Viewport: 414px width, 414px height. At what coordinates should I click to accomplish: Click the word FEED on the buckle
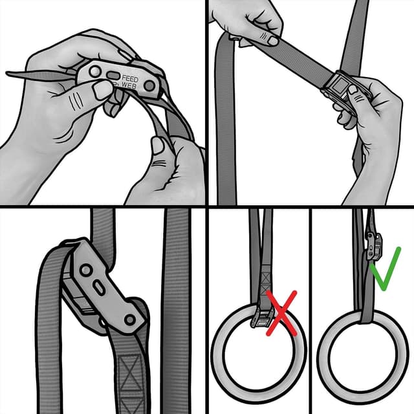tap(130, 79)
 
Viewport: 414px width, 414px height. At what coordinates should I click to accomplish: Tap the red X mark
tap(282, 313)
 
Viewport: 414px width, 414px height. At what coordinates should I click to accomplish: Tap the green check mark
tap(386, 269)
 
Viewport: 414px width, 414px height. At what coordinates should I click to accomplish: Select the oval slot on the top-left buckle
tap(113, 76)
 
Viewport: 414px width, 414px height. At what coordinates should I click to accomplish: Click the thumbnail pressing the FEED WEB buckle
tap(102, 90)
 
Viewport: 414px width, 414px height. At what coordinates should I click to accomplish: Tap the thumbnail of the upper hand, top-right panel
tap(273, 41)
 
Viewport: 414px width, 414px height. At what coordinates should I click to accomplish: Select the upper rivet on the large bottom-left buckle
tap(86, 270)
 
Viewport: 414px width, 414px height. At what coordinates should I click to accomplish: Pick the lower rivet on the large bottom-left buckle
tap(129, 320)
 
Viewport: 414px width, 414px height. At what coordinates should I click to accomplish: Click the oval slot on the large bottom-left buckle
tap(99, 288)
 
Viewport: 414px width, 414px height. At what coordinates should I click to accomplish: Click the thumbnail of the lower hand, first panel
tap(158, 146)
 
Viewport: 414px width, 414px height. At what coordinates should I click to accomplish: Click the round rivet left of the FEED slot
tap(95, 71)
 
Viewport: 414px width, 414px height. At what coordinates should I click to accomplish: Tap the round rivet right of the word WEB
tap(149, 85)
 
